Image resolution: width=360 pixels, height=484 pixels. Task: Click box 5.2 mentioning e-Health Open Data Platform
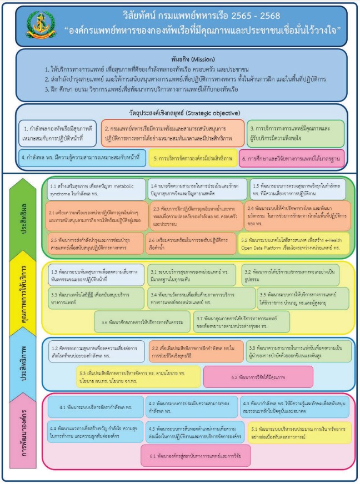click(293, 242)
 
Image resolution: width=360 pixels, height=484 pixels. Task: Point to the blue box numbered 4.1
click(98, 407)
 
